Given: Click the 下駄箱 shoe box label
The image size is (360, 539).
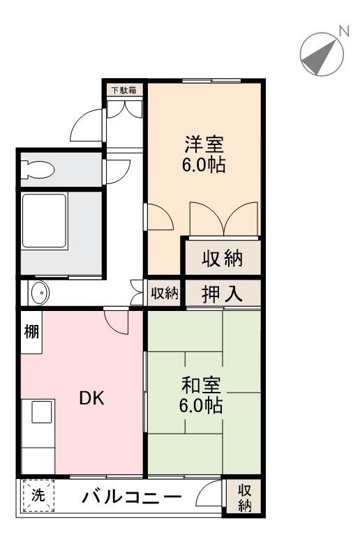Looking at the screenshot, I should (125, 89).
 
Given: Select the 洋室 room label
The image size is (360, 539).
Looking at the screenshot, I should (203, 146).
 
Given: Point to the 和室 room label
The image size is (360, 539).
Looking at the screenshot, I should (202, 385).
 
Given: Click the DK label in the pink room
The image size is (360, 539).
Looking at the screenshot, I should (91, 398).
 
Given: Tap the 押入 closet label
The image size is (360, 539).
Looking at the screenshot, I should (223, 293).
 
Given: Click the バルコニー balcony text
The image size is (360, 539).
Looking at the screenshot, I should (132, 498).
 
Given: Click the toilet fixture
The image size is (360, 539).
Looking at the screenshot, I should (38, 169).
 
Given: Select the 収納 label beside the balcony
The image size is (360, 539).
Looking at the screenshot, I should (244, 498).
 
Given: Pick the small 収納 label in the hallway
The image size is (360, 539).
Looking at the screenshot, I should (165, 294).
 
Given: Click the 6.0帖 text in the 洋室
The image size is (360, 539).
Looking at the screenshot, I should (203, 167).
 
